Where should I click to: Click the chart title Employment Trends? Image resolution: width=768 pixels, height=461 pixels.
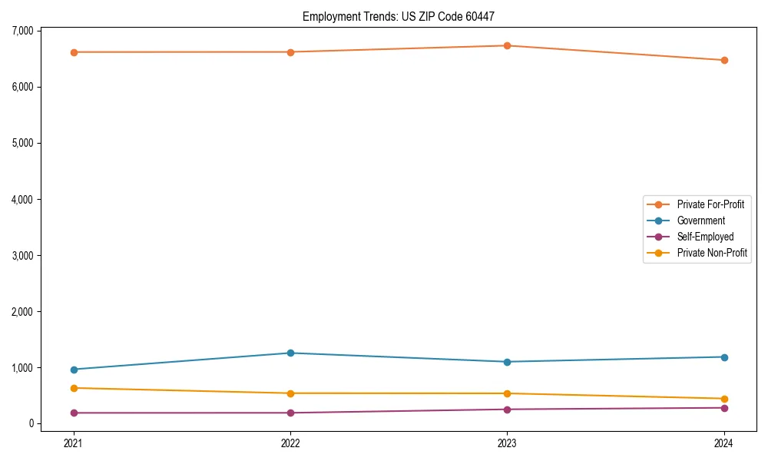coord(403,16)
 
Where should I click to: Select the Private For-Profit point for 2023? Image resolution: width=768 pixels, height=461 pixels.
coord(508,45)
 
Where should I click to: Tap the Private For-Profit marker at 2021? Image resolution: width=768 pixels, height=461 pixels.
coord(74,52)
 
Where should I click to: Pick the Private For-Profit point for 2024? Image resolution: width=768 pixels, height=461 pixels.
coord(724,60)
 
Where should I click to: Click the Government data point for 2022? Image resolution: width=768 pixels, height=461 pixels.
coord(290,353)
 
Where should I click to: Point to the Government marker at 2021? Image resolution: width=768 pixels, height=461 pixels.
coord(74,370)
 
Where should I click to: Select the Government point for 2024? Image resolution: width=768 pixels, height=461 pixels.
coord(724,357)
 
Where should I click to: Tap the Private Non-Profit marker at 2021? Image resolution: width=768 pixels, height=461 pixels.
coord(74,388)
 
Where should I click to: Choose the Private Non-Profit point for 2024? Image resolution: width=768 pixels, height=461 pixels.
coord(724,399)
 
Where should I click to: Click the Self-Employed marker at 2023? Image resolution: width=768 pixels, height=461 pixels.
coord(508,410)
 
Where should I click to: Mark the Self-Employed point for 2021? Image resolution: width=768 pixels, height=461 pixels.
coord(74,413)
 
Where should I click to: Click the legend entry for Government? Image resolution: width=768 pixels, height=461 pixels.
coord(700,221)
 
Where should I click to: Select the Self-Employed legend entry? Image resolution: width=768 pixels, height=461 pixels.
coord(705,237)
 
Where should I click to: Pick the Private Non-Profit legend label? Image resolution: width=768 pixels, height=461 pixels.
coord(712,253)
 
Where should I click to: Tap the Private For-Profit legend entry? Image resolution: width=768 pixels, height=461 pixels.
coord(710,204)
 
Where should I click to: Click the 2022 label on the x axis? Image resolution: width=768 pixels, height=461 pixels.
coord(290,443)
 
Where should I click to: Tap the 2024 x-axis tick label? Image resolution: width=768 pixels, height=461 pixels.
coord(724,443)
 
